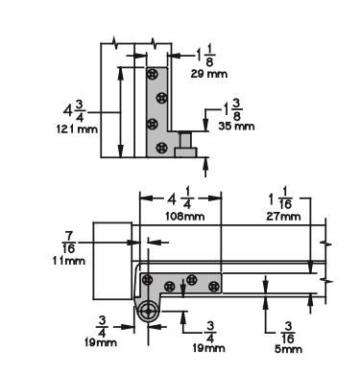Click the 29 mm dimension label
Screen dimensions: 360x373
[x=209, y=74]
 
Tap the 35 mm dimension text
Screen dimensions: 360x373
[x=236, y=126]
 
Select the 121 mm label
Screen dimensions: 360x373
[x=77, y=129]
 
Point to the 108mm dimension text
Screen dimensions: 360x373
[x=185, y=217]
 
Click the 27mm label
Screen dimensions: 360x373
[x=283, y=217]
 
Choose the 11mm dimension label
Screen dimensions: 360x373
[x=69, y=261]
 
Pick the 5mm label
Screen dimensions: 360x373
[x=288, y=348]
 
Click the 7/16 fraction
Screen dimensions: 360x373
[x=69, y=243]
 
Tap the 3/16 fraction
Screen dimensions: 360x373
[x=288, y=333]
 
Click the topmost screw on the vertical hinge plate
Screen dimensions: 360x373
[x=153, y=74]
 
